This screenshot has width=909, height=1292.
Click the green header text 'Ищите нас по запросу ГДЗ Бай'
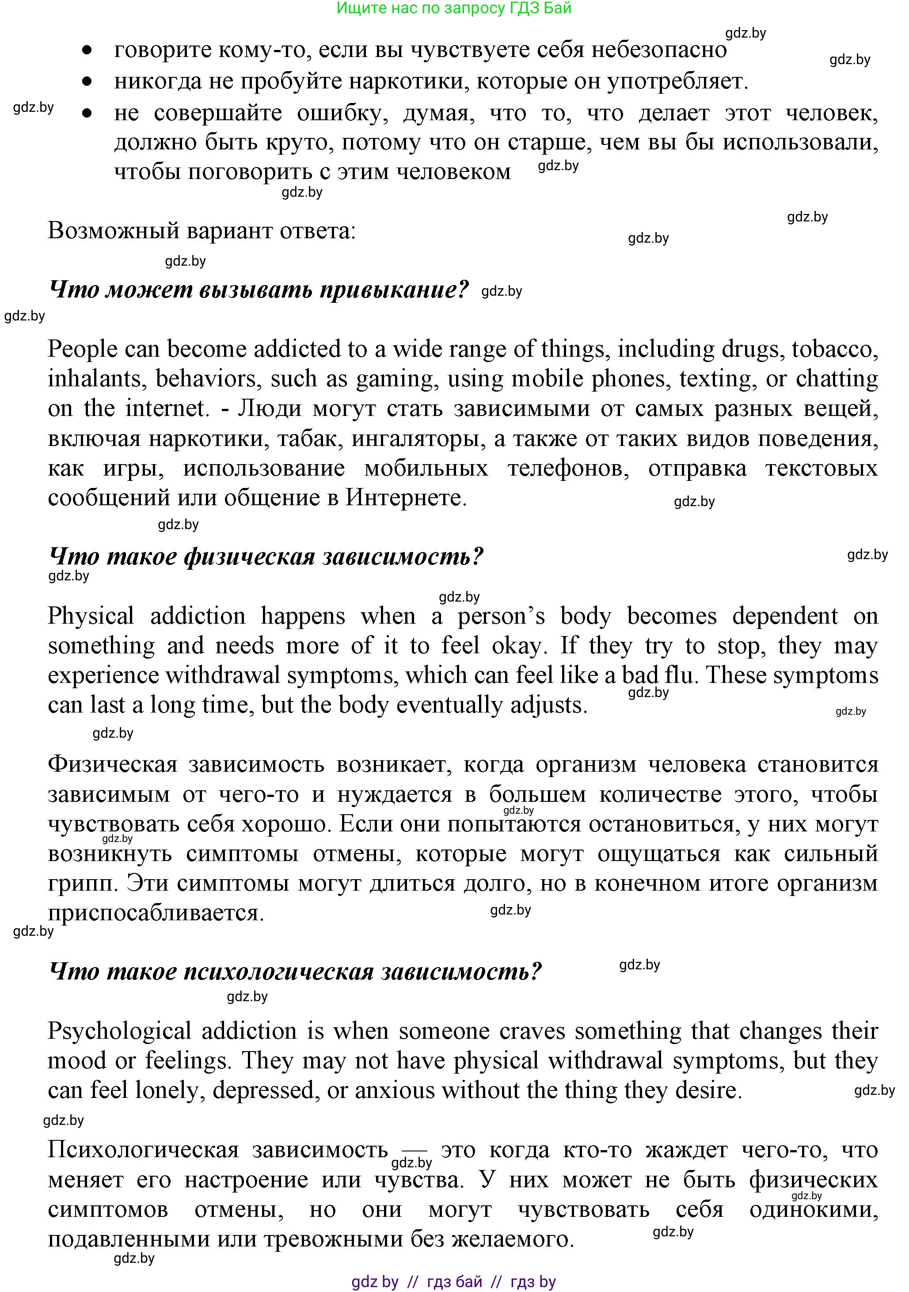click(x=453, y=8)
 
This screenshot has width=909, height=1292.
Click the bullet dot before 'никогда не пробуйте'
click(x=87, y=82)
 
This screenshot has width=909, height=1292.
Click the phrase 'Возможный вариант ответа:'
click(x=202, y=231)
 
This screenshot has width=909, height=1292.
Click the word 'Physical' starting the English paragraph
click(x=91, y=617)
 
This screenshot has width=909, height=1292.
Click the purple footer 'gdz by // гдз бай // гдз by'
click(x=453, y=1282)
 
